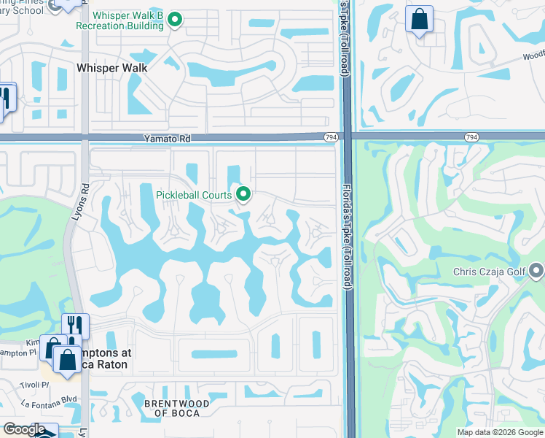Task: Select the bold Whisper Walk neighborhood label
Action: tap(111, 68)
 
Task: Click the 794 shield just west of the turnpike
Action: tap(330, 137)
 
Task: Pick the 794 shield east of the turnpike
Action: tap(471, 137)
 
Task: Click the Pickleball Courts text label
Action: tap(194, 195)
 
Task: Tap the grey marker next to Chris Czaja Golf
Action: tap(538, 272)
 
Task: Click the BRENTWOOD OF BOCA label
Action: tap(177, 408)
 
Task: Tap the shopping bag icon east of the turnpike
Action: tap(420, 20)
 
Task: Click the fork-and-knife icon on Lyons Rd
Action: tap(75, 326)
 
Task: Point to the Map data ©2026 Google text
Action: tap(500, 432)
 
